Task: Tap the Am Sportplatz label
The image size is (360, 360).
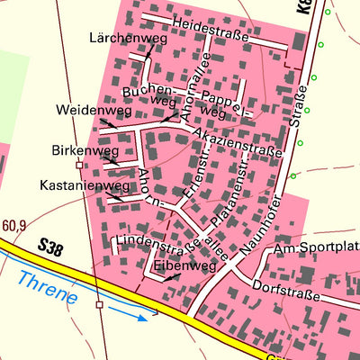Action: pos(316,248)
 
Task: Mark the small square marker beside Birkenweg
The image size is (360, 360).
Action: pos(79,166)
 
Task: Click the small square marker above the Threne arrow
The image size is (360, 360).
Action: pos(100,305)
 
